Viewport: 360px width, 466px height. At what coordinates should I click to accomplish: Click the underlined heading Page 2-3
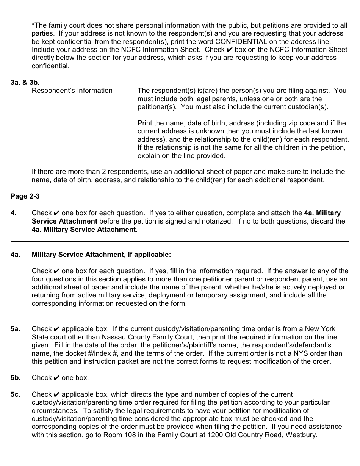coord(25,196)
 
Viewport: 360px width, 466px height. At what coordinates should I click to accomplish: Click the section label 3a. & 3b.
coord(25,82)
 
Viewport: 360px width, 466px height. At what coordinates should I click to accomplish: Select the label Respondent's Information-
coord(73,91)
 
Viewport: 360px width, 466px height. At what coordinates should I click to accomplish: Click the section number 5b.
coord(16,378)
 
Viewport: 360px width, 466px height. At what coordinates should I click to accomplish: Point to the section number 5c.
coord(16,394)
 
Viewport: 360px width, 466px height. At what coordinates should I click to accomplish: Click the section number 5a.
coord(16,329)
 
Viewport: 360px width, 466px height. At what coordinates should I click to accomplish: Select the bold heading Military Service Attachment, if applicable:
coord(102,255)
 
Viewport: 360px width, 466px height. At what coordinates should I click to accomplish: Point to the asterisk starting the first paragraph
coord(33,25)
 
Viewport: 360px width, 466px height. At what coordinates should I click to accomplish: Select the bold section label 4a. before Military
coord(16,255)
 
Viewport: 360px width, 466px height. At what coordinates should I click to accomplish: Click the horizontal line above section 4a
coord(180,241)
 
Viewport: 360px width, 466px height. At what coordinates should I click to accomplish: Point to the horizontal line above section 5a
coord(180,316)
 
